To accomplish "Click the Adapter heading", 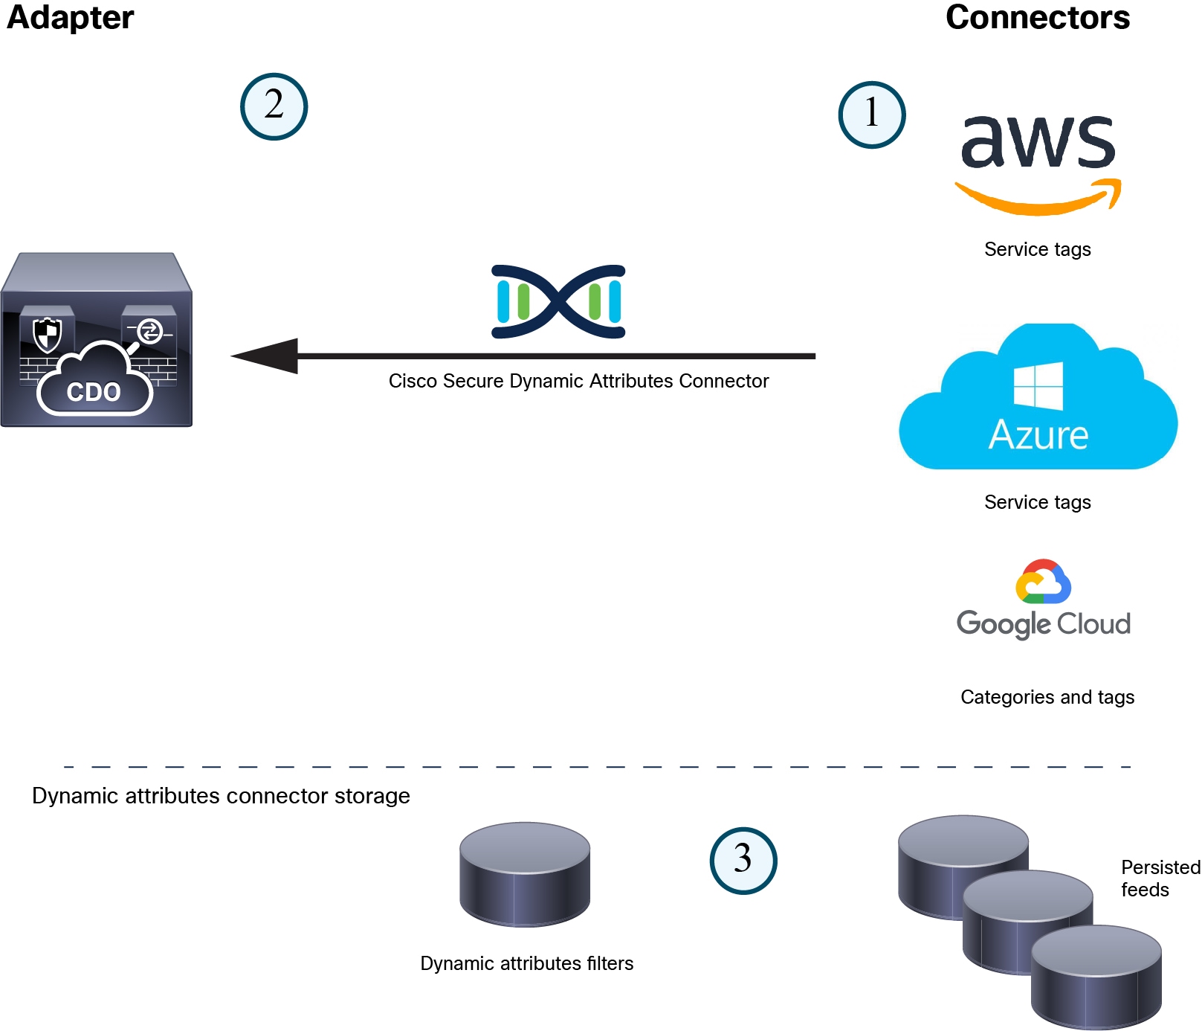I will (x=71, y=18).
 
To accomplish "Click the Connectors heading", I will (x=1037, y=18).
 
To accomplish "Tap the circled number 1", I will (x=871, y=115).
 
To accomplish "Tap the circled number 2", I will (x=274, y=106).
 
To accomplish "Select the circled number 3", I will (x=743, y=860).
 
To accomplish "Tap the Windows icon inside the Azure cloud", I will (x=1038, y=385).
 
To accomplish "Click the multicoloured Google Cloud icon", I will (x=1043, y=582).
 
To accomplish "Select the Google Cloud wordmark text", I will (x=1043, y=624).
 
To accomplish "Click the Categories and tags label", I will (x=1047, y=697).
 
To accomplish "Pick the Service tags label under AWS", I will (x=1037, y=249).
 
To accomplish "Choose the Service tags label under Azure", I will (x=1037, y=502).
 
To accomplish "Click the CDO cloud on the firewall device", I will (x=94, y=384).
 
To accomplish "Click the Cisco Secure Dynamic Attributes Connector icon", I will (x=558, y=301).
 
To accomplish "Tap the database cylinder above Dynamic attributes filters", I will (x=525, y=873).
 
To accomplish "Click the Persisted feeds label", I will (x=1160, y=879).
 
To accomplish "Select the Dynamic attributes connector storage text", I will (x=221, y=796).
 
